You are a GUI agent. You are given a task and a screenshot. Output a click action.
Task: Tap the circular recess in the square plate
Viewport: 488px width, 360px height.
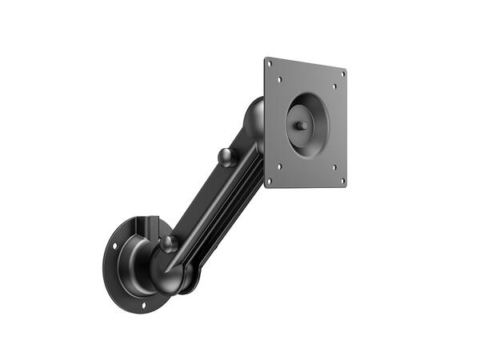(308, 126)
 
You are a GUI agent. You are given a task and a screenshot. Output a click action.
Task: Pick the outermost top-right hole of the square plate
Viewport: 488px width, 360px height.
(343, 74)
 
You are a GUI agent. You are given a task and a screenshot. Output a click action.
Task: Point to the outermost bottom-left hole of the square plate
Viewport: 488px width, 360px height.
(269, 180)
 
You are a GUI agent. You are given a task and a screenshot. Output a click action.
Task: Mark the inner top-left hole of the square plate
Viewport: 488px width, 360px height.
(280, 79)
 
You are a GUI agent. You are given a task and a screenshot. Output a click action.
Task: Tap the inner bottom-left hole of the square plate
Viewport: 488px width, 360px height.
(279, 166)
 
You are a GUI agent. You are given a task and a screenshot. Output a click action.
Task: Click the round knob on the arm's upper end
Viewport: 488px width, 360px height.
(227, 157)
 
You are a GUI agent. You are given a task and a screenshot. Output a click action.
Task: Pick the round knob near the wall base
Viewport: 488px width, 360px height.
(169, 244)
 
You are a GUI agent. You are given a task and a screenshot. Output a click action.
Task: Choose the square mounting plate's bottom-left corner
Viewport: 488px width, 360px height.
(266, 184)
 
